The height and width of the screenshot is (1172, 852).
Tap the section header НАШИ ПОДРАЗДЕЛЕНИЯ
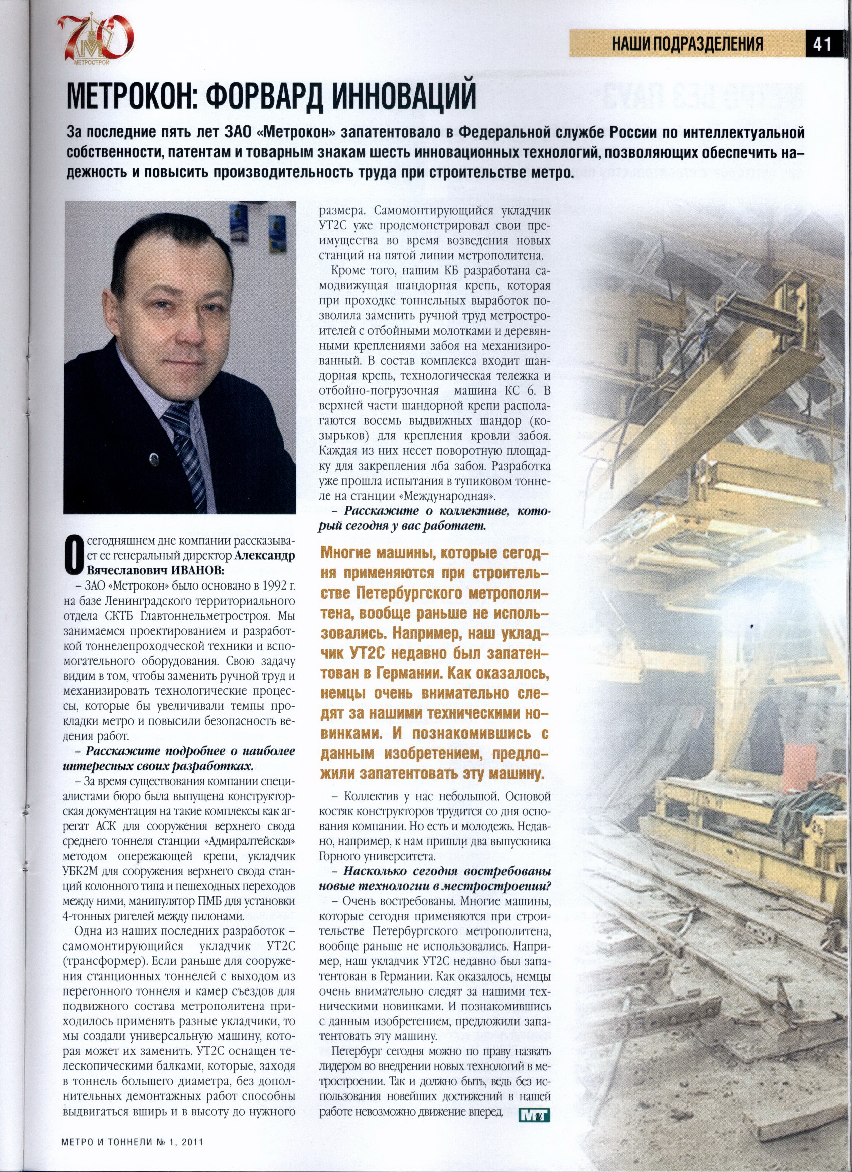687,44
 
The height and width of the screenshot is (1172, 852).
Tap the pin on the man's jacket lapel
153,457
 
